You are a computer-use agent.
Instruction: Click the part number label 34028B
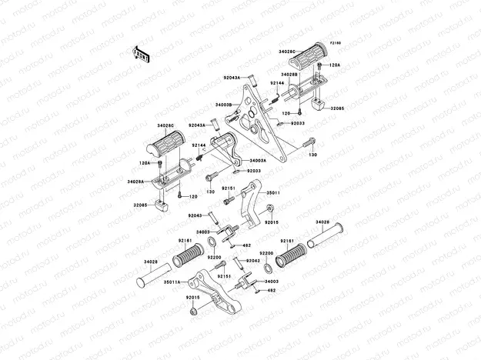pos(289,75)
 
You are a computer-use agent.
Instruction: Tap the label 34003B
pos(224,104)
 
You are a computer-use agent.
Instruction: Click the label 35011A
pos(172,282)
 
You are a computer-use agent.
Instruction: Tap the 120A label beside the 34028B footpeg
pos(335,65)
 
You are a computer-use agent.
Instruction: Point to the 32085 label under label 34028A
pos(139,205)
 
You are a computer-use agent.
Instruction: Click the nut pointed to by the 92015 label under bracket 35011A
pos(194,312)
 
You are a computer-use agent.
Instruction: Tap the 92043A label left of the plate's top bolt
pos(232,78)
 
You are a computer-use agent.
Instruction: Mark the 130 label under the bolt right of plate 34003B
pos(312,155)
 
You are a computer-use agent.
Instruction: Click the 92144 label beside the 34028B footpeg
pos(277,83)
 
